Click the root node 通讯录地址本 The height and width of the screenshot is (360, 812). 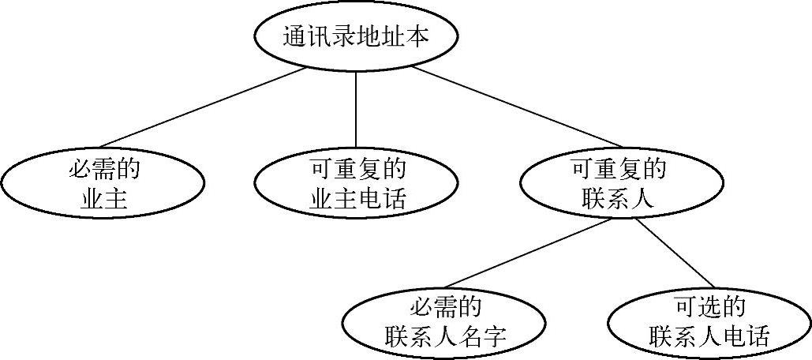pyautogui.click(x=355, y=37)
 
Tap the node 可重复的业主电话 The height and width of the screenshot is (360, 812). pyautogui.click(x=355, y=183)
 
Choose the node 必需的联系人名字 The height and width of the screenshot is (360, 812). pyautogui.click(x=444, y=322)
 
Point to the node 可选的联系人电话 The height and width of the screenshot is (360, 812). pyautogui.click(x=709, y=322)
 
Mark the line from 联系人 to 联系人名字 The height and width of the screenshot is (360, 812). pyautogui.click(x=526, y=254)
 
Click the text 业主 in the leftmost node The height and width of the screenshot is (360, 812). pyautogui.click(x=104, y=199)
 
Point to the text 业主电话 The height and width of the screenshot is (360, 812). pyautogui.click(x=356, y=199)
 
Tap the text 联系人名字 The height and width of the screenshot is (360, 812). pyautogui.click(x=445, y=337)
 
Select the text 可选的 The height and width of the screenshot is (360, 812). pyautogui.click(x=710, y=306)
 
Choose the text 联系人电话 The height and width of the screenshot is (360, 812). pyautogui.click(x=709, y=337)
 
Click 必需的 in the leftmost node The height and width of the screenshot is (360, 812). pyautogui.click(x=104, y=168)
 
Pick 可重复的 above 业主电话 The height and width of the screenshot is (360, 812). pyautogui.click(x=356, y=168)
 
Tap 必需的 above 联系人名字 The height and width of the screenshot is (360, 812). pyautogui.click(x=445, y=306)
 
